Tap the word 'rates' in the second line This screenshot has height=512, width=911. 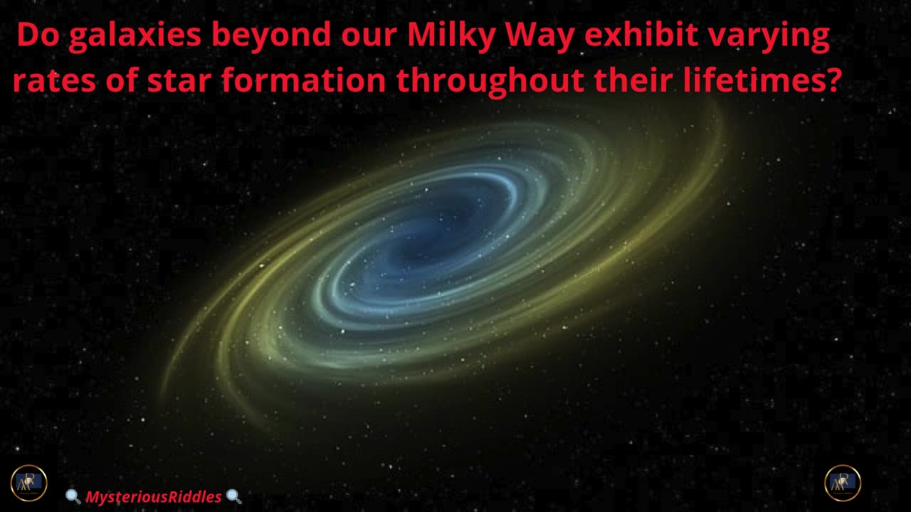[x=55, y=80]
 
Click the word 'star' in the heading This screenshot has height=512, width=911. [x=179, y=80]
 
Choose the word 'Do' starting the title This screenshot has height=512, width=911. [x=38, y=35]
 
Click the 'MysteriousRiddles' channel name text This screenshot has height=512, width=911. [x=153, y=496]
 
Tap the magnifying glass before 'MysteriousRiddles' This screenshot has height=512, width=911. [x=73, y=496]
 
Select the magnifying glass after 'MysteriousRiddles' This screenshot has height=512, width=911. [x=233, y=496]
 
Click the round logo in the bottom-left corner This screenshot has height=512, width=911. [x=29, y=483]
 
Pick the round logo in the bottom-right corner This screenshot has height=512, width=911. [x=843, y=483]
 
